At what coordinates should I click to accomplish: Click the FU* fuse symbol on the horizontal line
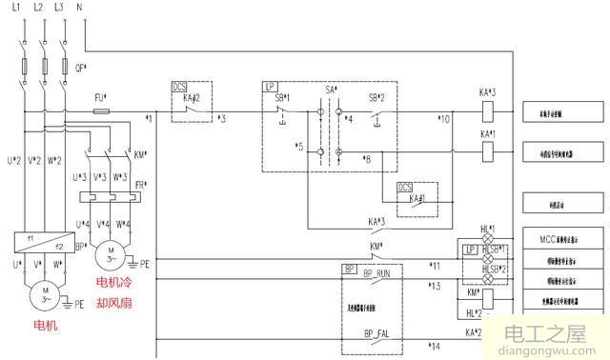100,110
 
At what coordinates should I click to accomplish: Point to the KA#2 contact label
191,98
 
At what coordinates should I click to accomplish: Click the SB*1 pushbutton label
282,98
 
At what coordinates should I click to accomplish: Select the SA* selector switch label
332,90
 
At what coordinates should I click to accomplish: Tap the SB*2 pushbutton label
379,98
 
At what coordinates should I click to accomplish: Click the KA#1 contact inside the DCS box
417,199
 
